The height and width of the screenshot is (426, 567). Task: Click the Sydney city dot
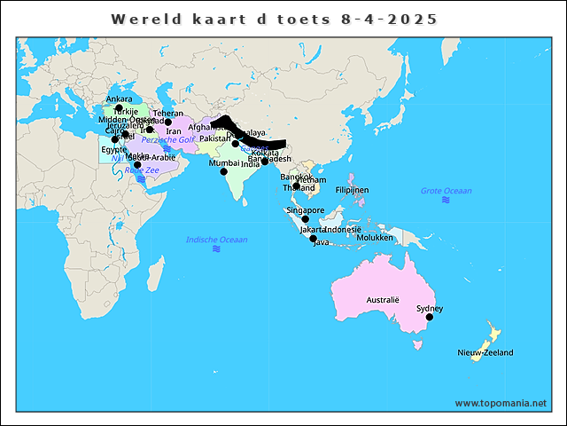click(430, 317)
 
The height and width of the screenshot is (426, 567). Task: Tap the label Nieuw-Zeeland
click(485, 352)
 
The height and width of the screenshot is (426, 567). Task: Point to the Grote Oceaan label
click(446, 191)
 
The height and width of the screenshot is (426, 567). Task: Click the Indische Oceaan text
click(216, 240)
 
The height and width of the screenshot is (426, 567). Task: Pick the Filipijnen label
click(352, 190)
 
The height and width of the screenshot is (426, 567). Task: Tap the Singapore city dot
click(305, 219)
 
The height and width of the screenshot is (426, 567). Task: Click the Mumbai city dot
click(224, 171)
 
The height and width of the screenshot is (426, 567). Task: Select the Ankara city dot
click(119, 108)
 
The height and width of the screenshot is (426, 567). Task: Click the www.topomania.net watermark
click(501, 403)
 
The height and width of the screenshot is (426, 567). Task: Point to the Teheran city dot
click(168, 122)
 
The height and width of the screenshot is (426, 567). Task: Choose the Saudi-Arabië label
click(152, 157)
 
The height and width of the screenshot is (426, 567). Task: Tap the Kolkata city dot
click(265, 162)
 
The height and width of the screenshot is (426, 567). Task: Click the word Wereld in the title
click(141, 19)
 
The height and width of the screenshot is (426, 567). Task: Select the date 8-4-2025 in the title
click(388, 19)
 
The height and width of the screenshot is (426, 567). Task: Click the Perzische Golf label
click(167, 139)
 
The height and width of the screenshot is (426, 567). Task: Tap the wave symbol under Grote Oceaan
click(446, 201)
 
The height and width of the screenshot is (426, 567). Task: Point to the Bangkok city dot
click(295, 185)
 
